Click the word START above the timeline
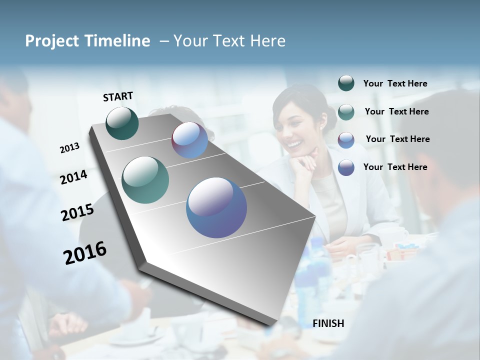point(118,96)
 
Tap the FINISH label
point(328,323)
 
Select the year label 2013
point(69,148)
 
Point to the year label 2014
point(73,177)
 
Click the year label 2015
point(77,212)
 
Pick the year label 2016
point(85,252)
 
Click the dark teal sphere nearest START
point(122,123)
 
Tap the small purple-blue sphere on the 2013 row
point(189,140)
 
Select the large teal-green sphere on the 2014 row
point(145,180)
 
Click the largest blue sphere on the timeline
point(216,207)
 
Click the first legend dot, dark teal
point(346,83)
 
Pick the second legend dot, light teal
point(346,111)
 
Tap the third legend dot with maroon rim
point(346,139)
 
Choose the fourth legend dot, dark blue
point(346,167)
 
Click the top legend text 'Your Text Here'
point(395,83)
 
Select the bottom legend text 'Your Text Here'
point(395,167)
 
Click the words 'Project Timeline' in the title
point(87,41)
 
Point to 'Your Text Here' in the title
point(229,41)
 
